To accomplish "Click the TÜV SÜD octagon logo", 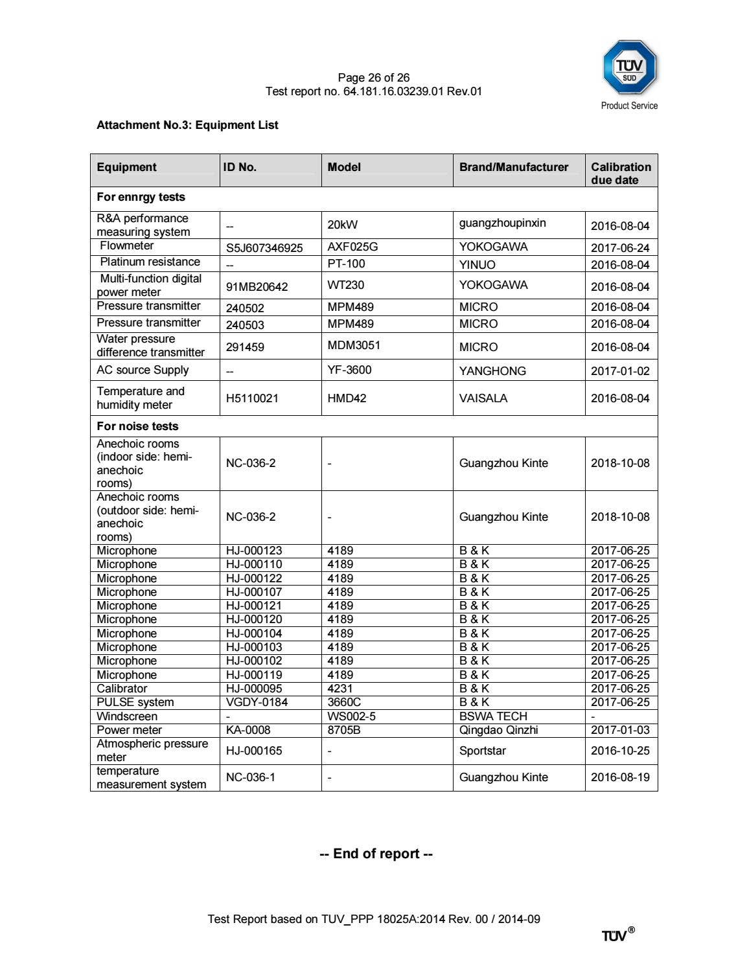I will [x=629, y=68].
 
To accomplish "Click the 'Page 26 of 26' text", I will [x=373, y=78].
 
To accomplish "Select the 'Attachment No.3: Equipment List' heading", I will [x=187, y=125].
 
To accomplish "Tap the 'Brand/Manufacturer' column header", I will [x=513, y=167].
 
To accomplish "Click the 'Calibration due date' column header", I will [x=620, y=173].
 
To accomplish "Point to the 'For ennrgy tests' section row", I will [x=141, y=197].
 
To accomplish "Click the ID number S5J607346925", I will [x=264, y=248].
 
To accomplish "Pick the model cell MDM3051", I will [x=353, y=345].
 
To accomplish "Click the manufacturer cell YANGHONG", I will [x=492, y=370].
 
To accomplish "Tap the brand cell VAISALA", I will [x=483, y=398].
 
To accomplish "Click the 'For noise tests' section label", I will [x=137, y=426].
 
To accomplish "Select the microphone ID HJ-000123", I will [x=253, y=551].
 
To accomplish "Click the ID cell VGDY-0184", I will [x=257, y=702].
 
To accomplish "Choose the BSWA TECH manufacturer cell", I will [x=492, y=716].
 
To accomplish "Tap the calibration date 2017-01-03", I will [x=619, y=730].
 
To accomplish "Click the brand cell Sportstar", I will [x=482, y=751].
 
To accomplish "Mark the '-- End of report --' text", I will [x=376, y=854].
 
